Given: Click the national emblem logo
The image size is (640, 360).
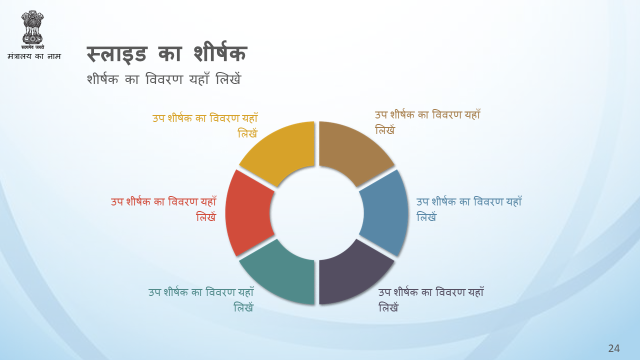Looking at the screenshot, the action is point(32,29).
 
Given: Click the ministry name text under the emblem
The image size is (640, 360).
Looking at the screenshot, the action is point(34,56).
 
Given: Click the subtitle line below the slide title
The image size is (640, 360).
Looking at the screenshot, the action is point(164,78).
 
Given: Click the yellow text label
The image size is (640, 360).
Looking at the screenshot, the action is point(205,125).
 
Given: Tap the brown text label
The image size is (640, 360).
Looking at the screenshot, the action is point(427,122).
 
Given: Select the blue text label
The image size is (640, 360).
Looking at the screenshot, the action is point(469,209).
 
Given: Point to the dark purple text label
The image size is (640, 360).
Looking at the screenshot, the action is point(431,299).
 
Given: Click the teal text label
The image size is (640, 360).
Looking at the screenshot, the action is point(201,299).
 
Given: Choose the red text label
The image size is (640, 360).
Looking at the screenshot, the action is point(163,209).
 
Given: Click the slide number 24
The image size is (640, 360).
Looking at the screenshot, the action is point(613,348).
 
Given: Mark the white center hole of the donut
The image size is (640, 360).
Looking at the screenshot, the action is point(317,213).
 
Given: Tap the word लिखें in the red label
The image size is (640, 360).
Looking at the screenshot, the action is point(206,217).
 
